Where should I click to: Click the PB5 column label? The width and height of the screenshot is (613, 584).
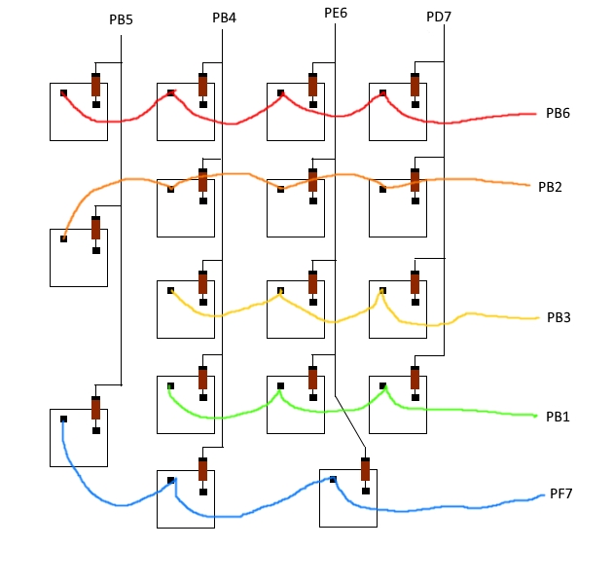[122, 19]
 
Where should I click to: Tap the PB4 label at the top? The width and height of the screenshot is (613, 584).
[225, 18]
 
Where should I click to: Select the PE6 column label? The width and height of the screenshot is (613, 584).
[336, 13]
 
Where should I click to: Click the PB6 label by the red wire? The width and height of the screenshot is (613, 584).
[558, 114]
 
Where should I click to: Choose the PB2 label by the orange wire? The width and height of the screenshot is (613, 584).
[550, 186]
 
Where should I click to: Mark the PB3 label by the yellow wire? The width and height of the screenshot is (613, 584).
[558, 317]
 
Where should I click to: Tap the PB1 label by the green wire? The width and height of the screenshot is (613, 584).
[558, 417]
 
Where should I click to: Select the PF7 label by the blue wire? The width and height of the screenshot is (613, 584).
[560, 493]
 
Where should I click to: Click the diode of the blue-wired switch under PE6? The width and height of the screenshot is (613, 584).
[365, 469]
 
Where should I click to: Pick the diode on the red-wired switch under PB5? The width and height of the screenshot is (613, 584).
[95, 84]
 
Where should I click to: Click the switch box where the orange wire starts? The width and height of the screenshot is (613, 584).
[78, 257]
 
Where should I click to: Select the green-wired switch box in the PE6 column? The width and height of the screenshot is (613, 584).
[295, 404]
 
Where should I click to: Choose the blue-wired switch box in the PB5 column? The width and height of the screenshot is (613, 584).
[78, 437]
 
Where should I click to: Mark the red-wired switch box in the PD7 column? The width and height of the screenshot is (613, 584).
[397, 111]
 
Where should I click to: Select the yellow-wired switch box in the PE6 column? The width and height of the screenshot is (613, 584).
[295, 309]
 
